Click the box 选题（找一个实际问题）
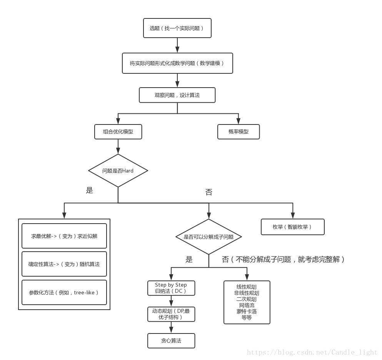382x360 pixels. (177, 28)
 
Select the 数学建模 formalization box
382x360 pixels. (177, 63)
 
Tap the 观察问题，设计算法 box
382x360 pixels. (177, 95)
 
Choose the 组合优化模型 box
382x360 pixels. (118, 131)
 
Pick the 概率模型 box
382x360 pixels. (239, 131)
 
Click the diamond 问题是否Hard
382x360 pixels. (118, 171)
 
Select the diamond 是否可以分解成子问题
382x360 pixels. (209, 237)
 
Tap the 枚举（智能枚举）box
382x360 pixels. (292, 227)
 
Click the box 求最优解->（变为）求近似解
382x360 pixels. (64, 236)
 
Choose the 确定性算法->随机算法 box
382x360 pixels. (64, 264)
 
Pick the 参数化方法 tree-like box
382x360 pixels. (64, 292)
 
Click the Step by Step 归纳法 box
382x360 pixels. (171, 288)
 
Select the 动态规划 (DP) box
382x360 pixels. (171, 314)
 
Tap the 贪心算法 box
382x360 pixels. (171, 340)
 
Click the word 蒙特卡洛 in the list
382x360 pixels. (247, 311)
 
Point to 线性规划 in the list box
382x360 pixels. (247, 287)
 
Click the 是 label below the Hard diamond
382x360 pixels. (90, 190)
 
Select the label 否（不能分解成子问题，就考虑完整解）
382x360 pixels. (283, 259)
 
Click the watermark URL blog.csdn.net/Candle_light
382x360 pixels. (312, 352)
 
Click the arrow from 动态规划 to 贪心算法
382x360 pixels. (171, 327)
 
